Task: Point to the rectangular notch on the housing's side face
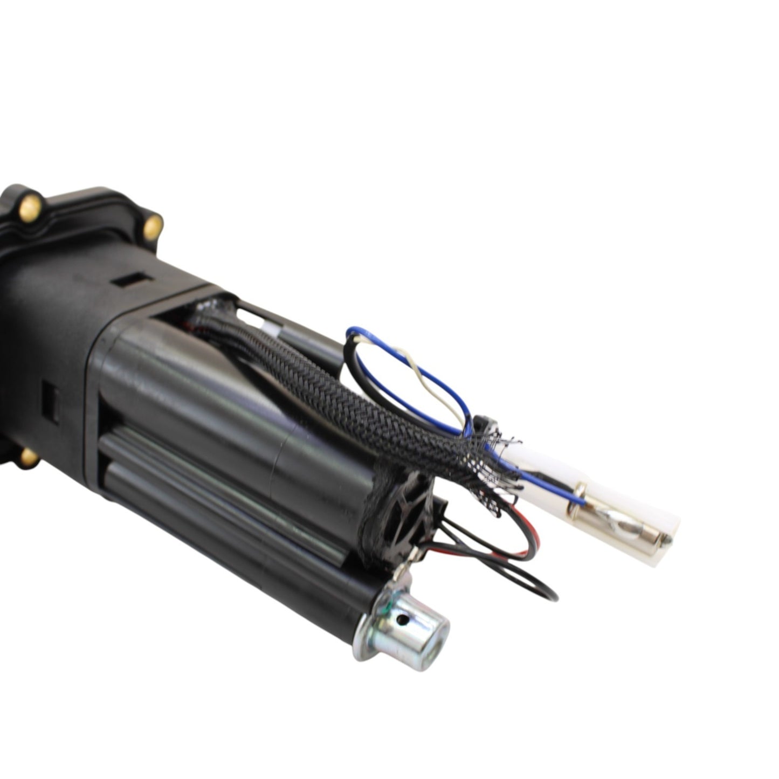click(48, 399)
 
